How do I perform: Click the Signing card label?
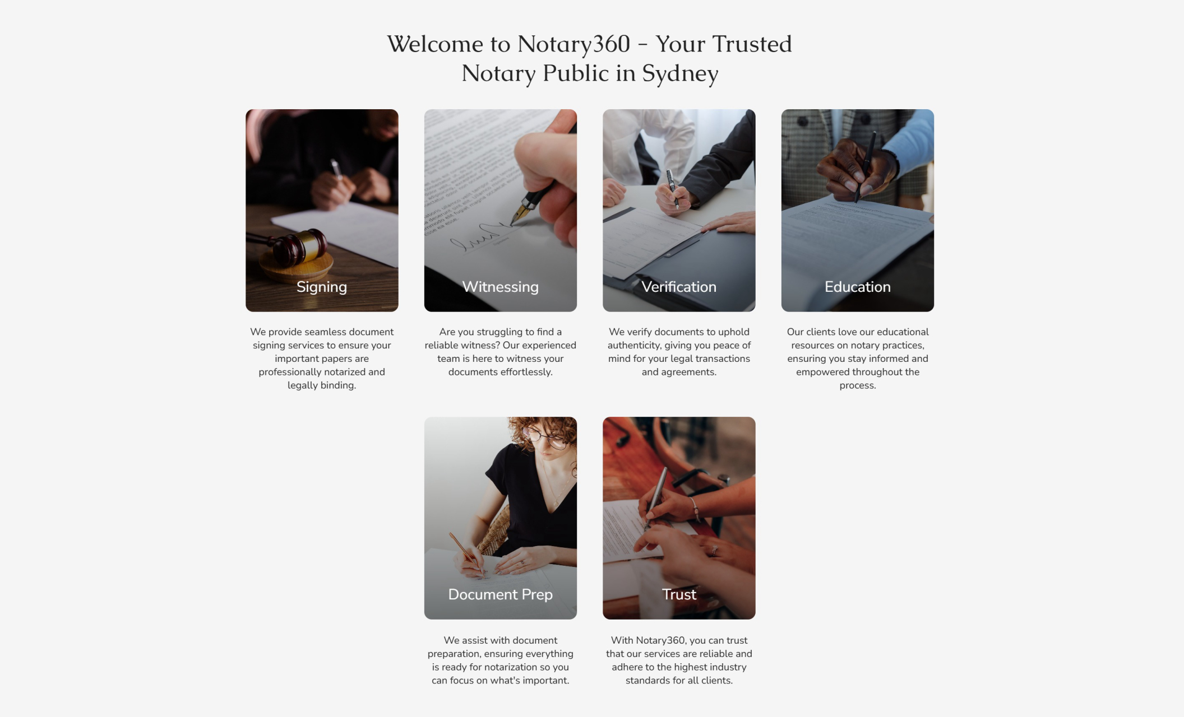pyautogui.click(x=322, y=287)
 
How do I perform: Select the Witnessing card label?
pyautogui.click(x=501, y=287)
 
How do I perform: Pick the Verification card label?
pyautogui.click(x=679, y=287)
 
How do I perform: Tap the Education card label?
pyautogui.click(x=858, y=287)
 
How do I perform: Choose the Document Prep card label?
pyautogui.click(x=501, y=594)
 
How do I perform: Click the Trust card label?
pyautogui.click(x=679, y=594)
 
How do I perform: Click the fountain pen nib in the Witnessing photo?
pyautogui.click(x=517, y=214)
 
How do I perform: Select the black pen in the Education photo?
pyautogui.click(x=864, y=166)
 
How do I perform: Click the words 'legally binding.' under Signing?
pyautogui.click(x=322, y=385)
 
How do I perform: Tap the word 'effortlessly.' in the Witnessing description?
pyautogui.click(x=526, y=372)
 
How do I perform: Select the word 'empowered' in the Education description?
pyautogui.click(x=821, y=372)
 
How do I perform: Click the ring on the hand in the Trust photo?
pyautogui.click(x=714, y=551)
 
